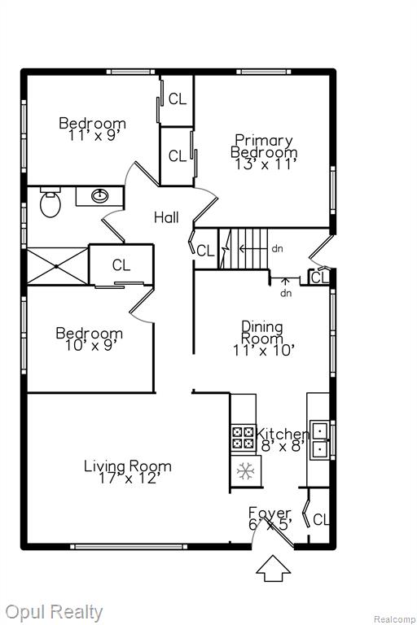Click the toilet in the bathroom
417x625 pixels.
50,202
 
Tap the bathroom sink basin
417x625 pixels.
99,195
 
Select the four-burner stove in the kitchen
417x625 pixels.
243,438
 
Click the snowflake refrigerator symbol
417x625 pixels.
245,471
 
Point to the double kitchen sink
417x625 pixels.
320,440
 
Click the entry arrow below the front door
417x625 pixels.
274,568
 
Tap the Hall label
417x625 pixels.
166,217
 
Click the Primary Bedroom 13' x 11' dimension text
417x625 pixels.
264,164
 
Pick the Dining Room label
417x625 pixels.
262,333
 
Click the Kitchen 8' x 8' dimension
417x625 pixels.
283,446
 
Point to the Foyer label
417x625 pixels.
270,513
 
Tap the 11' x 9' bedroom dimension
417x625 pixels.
94,135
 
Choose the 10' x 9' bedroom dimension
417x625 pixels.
90,345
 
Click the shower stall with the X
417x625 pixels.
57,266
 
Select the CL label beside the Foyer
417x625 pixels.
321,519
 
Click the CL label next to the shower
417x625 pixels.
121,264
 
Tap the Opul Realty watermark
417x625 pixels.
54,612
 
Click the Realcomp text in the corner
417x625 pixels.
394,619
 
